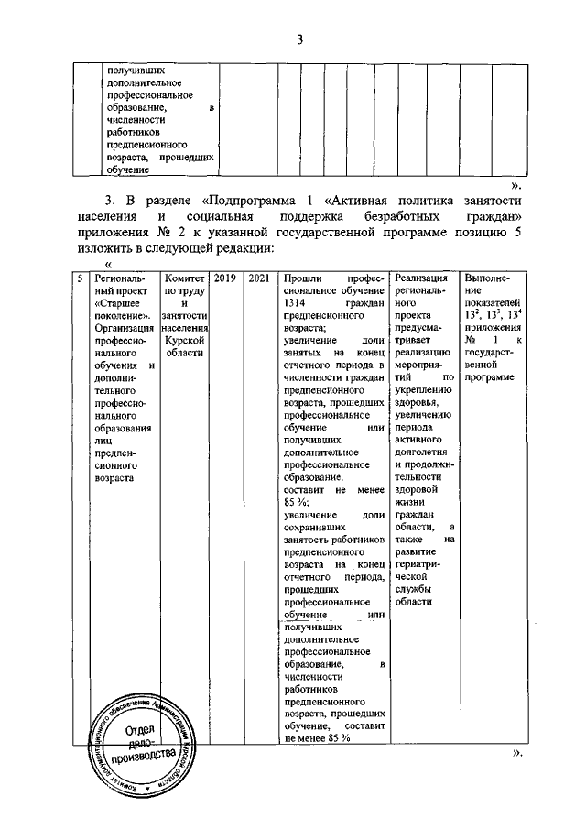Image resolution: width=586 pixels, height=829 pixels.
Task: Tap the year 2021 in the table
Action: coord(258,278)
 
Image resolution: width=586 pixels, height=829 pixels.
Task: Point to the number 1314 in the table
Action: coord(296,301)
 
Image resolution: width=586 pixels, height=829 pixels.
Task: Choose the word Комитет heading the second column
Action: coord(182,278)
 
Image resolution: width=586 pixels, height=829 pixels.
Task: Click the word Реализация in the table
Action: coord(421,278)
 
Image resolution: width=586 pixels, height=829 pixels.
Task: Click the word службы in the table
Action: coord(412,592)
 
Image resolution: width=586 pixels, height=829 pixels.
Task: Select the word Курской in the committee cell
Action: coord(182,338)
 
